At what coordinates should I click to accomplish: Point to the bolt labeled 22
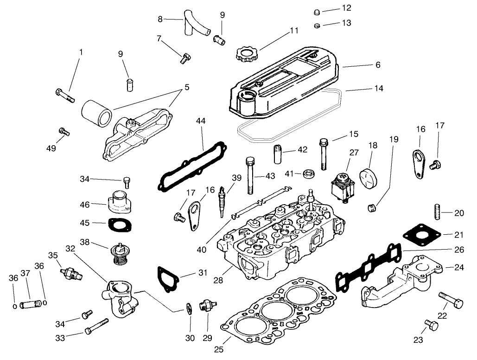pyautogui.click(x=450, y=301)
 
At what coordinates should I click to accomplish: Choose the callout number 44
pyautogui.click(x=200, y=121)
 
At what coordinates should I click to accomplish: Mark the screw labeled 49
pyautogui.click(x=64, y=131)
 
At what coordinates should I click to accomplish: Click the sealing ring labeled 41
pyautogui.click(x=308, y=174)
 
